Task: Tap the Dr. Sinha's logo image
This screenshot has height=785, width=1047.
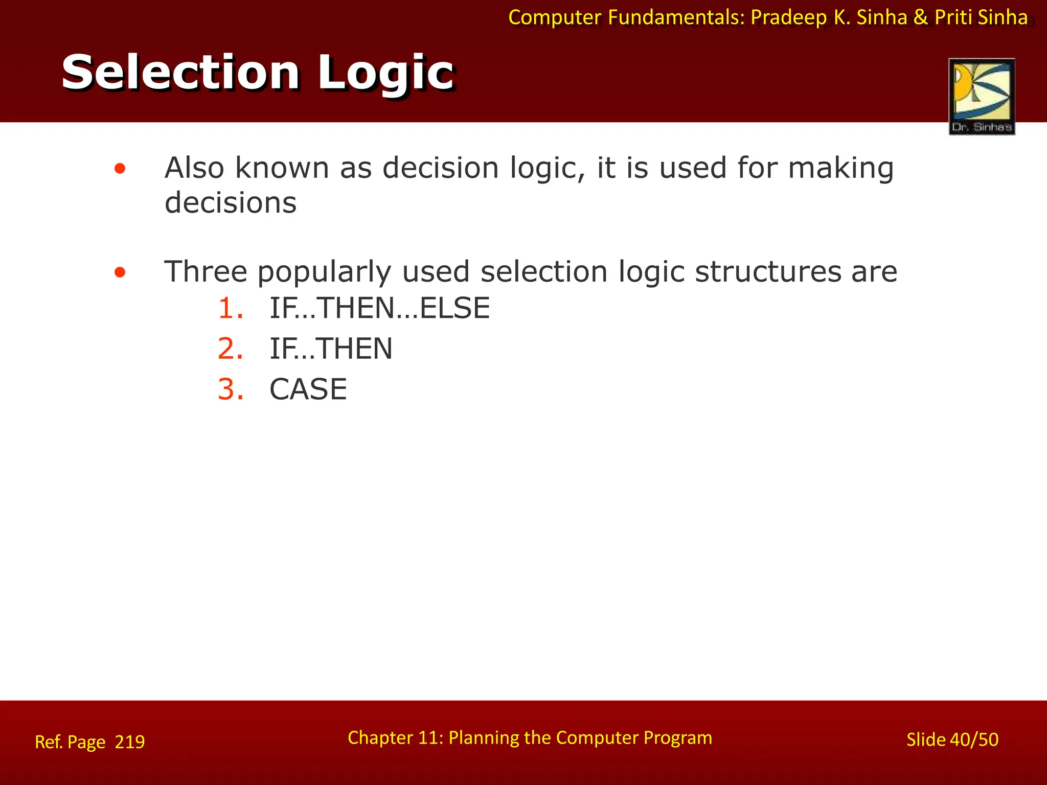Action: (x=982, y=96)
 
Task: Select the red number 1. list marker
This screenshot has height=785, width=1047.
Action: (x=231, y=309)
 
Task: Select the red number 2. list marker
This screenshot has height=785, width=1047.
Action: (x=231, y=349)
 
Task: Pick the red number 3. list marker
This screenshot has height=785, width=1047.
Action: (x=231, y=390)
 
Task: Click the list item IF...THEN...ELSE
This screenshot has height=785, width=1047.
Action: (x=379, y=309)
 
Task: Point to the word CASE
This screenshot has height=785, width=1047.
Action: (x=308, y=390)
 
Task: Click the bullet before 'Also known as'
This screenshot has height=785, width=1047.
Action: (x=120, y=169)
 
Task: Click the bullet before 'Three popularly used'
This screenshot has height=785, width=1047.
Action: (x=120, y=272)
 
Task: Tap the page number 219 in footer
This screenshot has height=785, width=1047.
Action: (x=130, y=742)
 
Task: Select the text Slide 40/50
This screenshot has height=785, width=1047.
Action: (x=952, y=740)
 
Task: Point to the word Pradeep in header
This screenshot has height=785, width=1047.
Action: (x=789, y=18)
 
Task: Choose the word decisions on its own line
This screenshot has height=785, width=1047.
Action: (x=231, y=203)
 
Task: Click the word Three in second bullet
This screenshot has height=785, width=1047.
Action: (x=206, y=271)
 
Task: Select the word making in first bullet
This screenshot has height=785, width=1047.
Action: (x=840, y=169)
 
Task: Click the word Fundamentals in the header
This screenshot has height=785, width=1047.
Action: (x=676, y=18)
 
